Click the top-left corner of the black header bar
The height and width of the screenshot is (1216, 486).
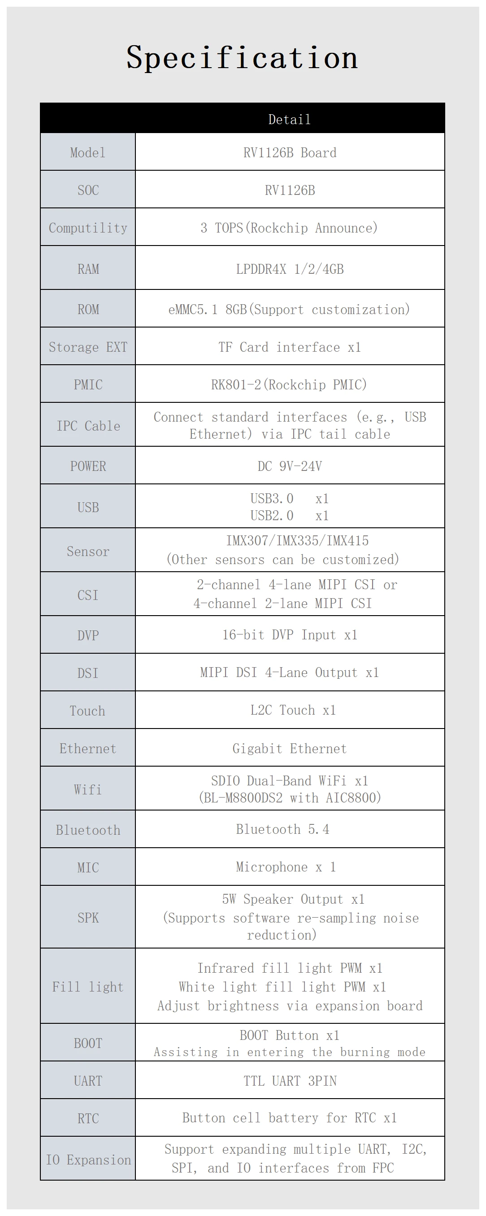(40, 103)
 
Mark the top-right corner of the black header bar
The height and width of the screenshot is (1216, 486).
(445, 103)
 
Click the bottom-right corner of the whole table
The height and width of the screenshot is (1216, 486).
(445, 1180)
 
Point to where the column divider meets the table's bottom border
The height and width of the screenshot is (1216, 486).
(135, 1180)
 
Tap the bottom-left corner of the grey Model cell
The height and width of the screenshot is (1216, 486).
(41, 170)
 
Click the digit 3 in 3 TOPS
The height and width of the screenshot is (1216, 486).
(204, 228)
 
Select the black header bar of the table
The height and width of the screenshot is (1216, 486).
(242, 118)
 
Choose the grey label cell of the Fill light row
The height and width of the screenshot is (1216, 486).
(88, 986)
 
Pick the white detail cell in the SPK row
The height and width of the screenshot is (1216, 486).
(290, 917)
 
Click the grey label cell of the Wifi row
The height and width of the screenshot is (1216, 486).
(88, 788)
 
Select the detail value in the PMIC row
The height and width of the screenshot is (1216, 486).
(289, 385)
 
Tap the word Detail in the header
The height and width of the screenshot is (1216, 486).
(290, 120)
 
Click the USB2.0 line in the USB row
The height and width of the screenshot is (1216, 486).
(289, 515)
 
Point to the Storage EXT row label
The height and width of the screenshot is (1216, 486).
(88, 347)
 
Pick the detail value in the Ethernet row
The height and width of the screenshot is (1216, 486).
(290, 749)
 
